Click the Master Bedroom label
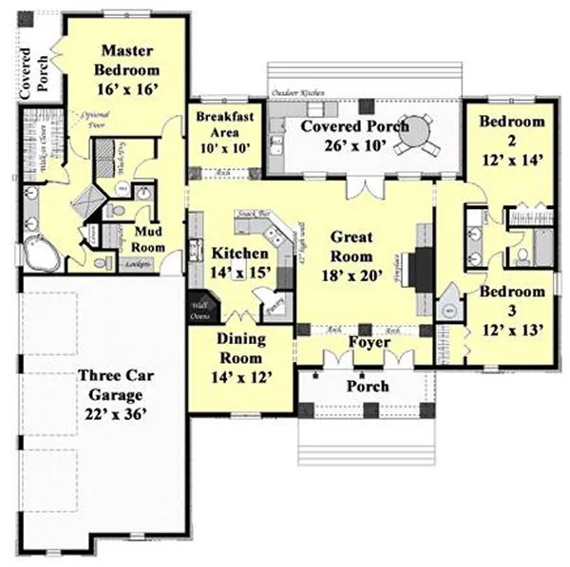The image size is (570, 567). point(129,60)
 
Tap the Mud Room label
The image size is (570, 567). point(150,238)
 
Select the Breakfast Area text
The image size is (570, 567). point(222,125)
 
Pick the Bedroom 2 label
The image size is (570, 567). point(511,130)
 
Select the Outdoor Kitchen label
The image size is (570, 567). point(298,92)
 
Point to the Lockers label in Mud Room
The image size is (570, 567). point(136,263)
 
